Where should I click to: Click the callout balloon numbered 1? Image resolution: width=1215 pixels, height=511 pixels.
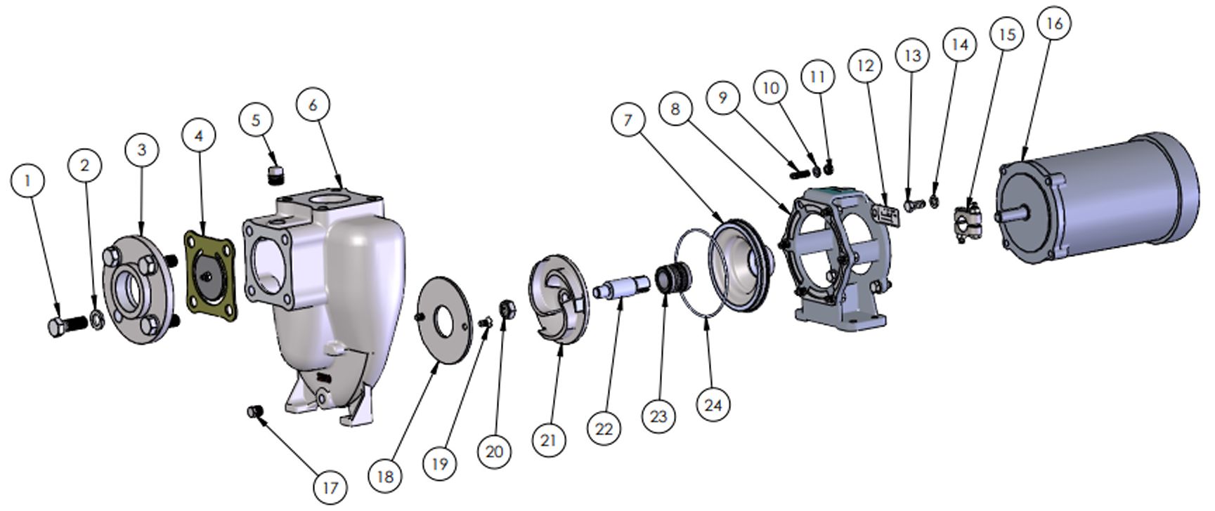click(27, 180)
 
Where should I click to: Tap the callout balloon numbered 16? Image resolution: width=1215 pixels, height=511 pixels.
click(1054, 24)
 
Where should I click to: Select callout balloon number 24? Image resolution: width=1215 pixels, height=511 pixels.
click(713, 405)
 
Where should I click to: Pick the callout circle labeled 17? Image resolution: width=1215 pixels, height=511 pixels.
click(330, 486)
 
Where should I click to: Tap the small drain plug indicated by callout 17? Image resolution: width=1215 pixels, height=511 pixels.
click(255, 411)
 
